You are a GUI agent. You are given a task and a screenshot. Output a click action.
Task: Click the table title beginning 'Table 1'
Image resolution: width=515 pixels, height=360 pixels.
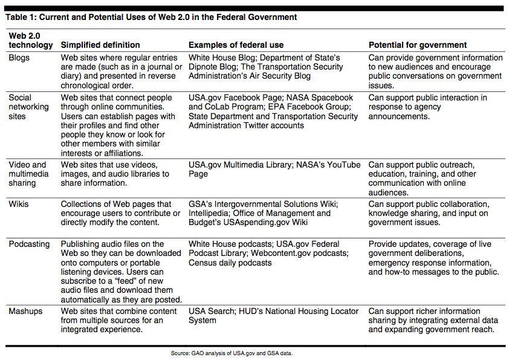(x=152, y=17)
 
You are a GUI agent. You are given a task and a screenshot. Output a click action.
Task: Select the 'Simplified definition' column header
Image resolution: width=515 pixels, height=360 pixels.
(x=100, y=45)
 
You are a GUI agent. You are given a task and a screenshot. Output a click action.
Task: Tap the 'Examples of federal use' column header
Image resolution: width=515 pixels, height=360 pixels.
(x=236, y=45)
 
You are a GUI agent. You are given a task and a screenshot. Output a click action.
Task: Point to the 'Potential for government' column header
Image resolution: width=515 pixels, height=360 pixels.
(x=418, y=45)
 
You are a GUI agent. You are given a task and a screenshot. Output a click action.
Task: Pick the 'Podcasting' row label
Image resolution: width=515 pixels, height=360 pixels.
(x=29, y=244)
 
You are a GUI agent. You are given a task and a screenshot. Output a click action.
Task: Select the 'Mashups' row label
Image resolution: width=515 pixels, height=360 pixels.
(x=25, y=311)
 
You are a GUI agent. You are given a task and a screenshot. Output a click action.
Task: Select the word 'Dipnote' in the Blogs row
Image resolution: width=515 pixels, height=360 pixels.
(x=204, y=67)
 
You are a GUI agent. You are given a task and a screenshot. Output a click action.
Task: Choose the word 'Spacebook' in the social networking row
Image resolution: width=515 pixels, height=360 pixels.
(x=331, y=97)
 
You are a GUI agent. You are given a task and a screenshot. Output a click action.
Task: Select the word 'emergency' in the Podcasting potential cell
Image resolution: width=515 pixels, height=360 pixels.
(x=391, y=263)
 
